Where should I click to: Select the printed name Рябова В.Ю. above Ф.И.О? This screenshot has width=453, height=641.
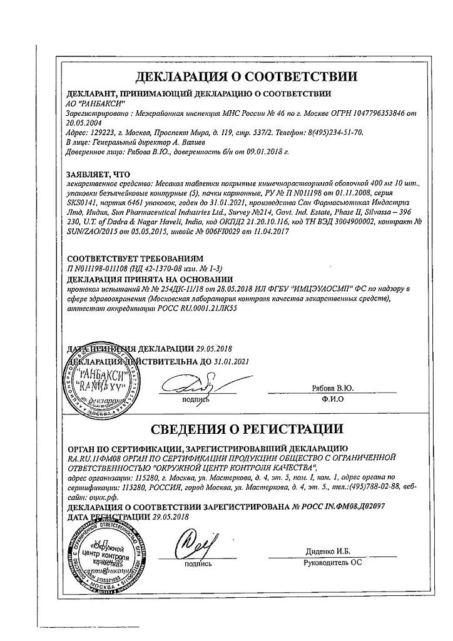click(x=337, y=389)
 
